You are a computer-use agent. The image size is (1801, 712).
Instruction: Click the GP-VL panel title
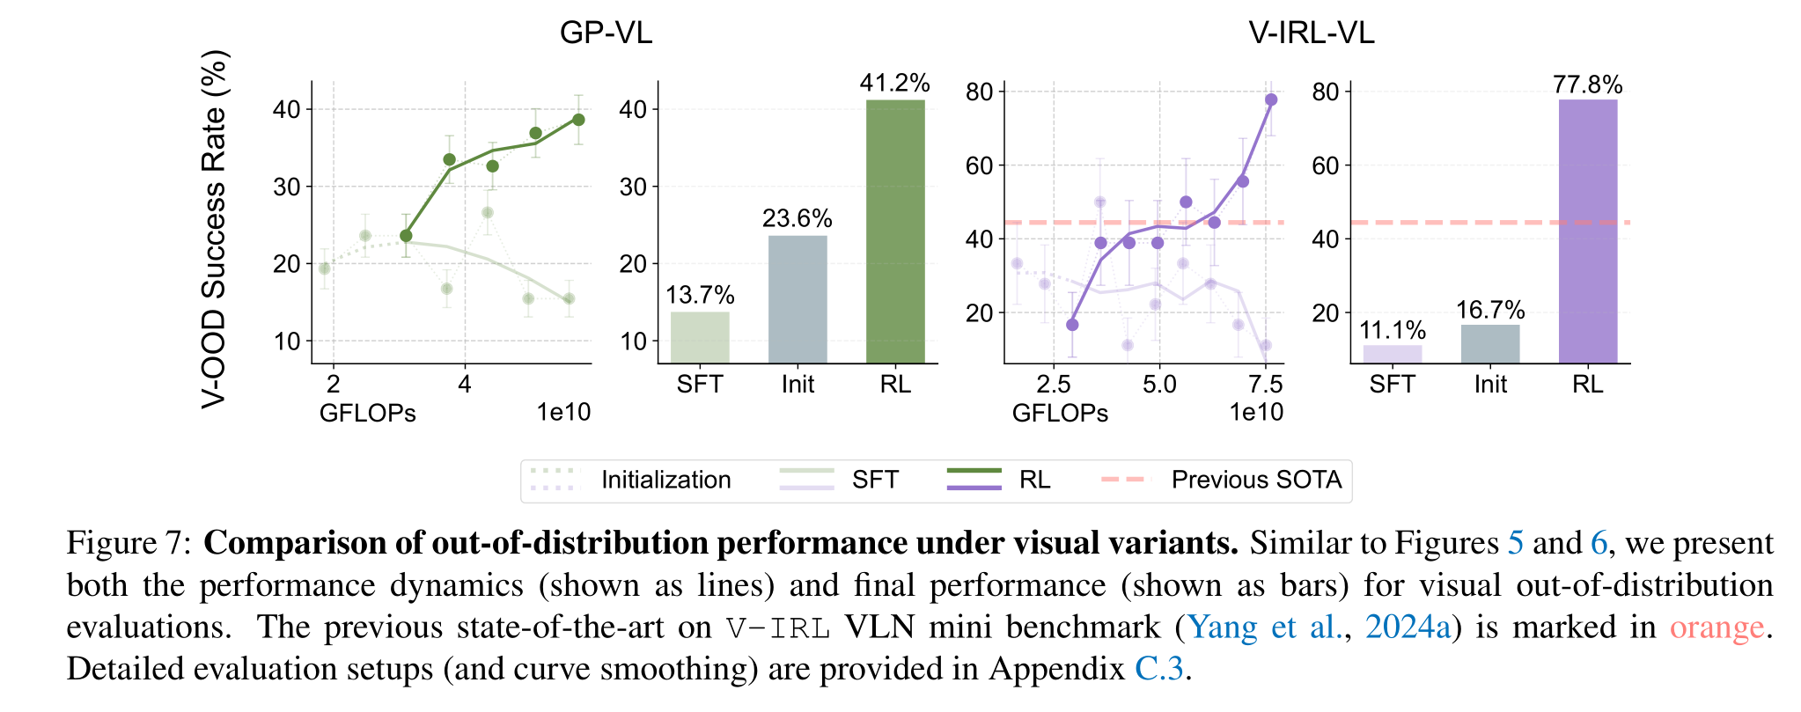click(606, 33)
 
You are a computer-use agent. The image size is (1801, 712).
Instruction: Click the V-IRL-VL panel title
click(1311, 33)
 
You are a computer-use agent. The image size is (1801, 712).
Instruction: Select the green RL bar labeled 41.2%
click(895, 231)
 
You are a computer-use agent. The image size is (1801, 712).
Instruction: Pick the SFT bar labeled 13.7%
click(700, 337)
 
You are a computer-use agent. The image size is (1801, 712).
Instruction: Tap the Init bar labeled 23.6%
click(798, 299)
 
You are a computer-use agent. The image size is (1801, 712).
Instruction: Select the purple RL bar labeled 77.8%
click(1587, 231)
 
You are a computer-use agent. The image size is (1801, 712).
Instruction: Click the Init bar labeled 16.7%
click(1490, 344)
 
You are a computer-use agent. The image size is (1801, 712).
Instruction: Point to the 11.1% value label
click(1393, 330)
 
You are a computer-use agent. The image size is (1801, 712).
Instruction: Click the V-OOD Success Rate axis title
click(214, 229)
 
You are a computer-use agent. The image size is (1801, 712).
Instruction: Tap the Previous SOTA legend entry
click(1255, 480)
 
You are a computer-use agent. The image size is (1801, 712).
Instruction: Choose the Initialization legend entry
click(665, 480)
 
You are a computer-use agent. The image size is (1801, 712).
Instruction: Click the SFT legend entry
click(874, 480)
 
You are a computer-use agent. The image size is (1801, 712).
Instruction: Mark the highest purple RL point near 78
click(1271, 99)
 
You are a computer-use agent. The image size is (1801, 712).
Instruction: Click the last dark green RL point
click(578, 120)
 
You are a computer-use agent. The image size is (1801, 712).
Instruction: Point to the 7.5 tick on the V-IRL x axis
click(1265, 385)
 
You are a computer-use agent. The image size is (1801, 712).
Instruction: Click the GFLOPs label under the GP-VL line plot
click(367, 413)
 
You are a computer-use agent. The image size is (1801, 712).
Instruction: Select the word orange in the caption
click(1716, 627)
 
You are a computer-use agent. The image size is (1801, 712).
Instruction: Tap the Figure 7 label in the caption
click(129, 543)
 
